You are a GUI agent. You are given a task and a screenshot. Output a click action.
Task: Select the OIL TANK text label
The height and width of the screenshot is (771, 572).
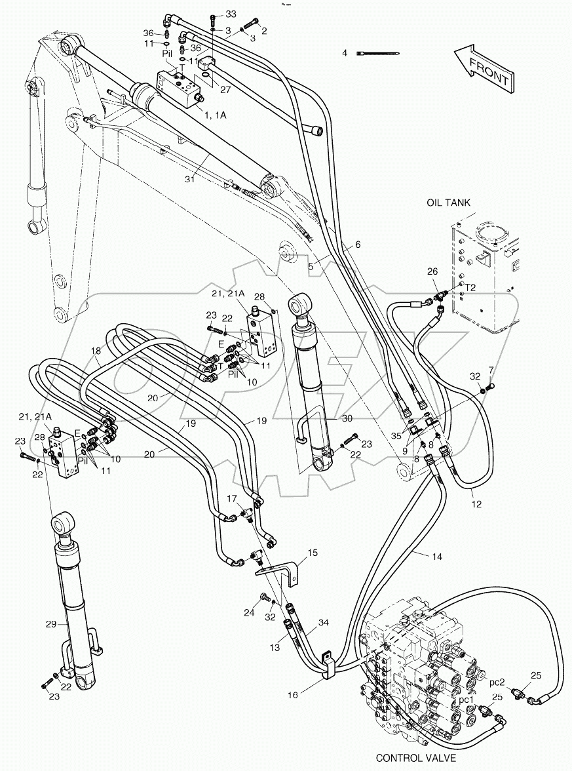point(448,203)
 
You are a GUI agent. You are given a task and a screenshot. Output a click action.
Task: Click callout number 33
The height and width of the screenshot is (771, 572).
point(231,14)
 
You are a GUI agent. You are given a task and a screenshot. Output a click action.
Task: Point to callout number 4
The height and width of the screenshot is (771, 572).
point(344,52)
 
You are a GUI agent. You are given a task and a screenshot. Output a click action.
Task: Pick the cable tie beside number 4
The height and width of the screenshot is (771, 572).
point(378,53)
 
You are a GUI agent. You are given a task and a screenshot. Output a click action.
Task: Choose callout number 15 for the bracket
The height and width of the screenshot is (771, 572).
point(313,553)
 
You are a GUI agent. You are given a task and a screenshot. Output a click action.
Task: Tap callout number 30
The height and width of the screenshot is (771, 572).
point(347,418)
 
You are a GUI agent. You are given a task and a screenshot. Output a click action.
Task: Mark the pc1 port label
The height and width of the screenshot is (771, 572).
point(466,700)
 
